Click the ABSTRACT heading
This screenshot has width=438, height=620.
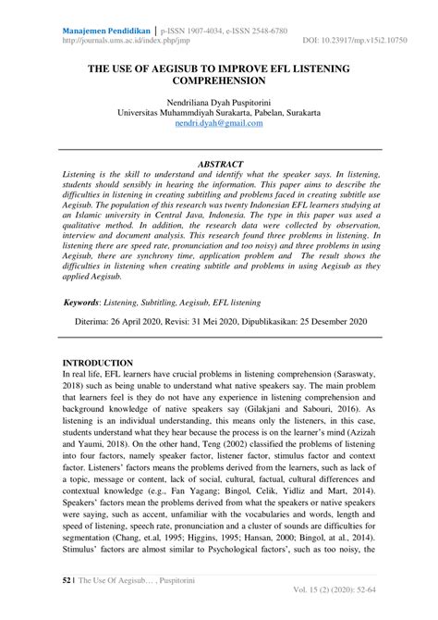coord(219,163)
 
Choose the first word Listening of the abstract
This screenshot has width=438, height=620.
coord(83,174)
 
